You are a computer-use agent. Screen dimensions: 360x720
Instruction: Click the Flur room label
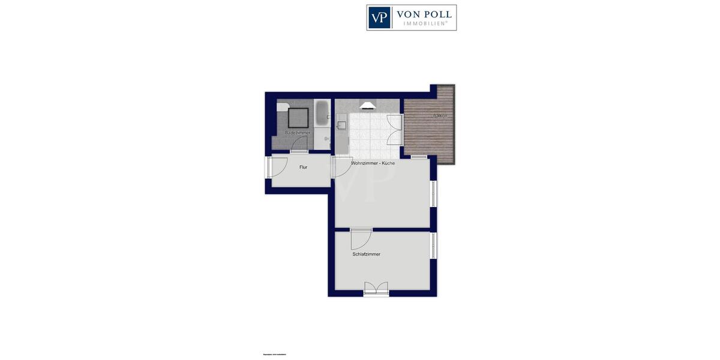click(x=303, y=167)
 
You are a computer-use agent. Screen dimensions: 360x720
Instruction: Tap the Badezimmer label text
click(x=298, y=133)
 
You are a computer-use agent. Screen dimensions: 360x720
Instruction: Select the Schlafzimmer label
click(x=366, y=254)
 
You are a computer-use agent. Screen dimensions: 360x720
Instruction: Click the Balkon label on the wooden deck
click(x=440, y=115)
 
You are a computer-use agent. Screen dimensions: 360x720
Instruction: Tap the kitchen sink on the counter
click(x=341, y=125)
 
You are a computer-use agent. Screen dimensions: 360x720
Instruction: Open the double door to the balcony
click(x=394, y=130)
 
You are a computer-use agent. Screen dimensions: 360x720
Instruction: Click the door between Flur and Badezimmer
click(x=299, y=145)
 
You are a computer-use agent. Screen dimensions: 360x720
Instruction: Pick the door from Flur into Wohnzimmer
click(x=340, y=167)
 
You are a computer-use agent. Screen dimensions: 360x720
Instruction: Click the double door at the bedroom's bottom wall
click(x=376, y=290)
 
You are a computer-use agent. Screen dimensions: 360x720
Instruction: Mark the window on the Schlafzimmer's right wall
click(x=433, y=245)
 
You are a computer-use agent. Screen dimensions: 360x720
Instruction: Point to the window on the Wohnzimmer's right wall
click(x=433, y=194)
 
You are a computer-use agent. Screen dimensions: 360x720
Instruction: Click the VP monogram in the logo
click(x=379, y=17)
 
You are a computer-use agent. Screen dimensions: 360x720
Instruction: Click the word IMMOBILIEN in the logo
click(x=424, y=23)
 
